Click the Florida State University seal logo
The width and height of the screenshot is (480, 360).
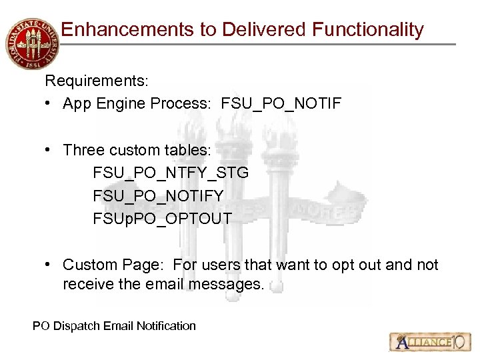tap(31, 43)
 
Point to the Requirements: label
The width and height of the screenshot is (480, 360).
tap(97, 81)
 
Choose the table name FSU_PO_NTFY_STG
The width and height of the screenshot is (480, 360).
tap(171, 173)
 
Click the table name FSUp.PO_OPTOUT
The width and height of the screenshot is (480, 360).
tap(162, 218)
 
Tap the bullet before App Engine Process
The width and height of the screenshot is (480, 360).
tap(50, 104)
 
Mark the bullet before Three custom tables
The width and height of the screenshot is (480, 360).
tap(50, 150)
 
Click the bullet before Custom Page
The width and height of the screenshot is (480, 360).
tap(50, 265)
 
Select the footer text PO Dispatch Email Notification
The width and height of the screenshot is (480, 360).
tap(114, 326)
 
